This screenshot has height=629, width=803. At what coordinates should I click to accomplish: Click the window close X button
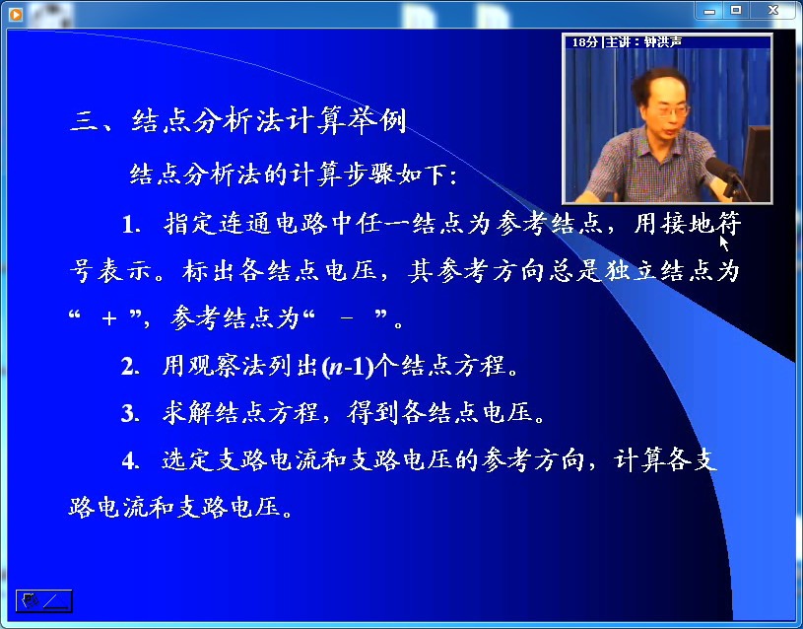click(772, 10)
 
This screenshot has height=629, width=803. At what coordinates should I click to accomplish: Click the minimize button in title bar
click(709, 11)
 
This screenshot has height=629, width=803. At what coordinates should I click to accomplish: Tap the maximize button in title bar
click(736, 10)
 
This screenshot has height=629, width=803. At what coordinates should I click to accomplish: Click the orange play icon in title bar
click(16, 15)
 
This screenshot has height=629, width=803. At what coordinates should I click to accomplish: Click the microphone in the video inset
click(723, 172)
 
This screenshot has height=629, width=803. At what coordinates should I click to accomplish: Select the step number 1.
click(131, 225)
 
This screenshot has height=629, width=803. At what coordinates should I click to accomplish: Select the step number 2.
click(130, 367)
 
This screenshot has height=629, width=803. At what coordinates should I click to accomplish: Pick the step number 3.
click(130, 413)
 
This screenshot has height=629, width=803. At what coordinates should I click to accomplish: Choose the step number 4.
click(130, 460)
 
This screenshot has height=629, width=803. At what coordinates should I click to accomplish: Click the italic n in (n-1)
click(335, 368)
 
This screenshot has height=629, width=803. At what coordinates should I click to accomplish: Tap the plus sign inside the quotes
click(108, 318)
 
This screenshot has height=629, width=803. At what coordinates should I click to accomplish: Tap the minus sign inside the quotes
click(347, 318)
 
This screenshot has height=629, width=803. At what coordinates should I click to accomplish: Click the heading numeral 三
click(86, 123)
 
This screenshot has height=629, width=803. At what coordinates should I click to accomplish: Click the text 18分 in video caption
click(585, 42)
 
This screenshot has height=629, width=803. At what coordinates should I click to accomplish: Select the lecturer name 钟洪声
click(663, 42)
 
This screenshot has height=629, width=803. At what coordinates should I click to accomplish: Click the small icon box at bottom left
click(43, 600)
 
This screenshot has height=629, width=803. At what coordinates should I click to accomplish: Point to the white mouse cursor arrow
click(723, 242)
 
